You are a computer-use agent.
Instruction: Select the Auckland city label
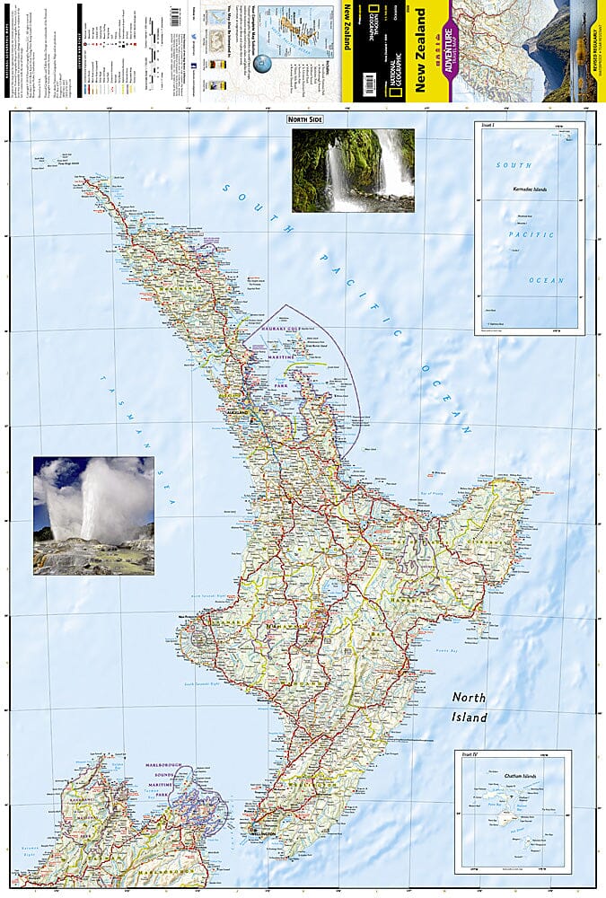click(x=237, y=413)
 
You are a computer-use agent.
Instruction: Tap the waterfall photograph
click(x=353, y=170)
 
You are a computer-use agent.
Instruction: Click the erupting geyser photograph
click(x=93, y=515)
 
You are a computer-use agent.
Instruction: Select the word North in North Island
click(x=469, y=697)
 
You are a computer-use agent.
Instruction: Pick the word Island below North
click(x=469, y=718)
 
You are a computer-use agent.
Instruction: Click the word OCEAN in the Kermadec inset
click(x=546, y=280)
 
